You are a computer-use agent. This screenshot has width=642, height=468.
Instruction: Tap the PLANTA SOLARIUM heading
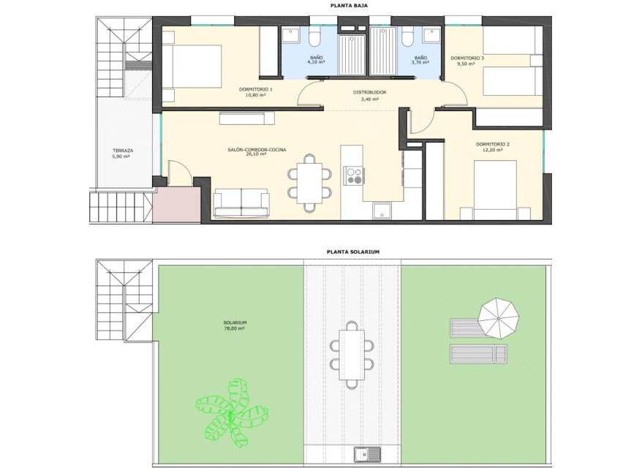coord(353,252)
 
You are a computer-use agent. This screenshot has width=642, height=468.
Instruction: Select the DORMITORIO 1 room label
coord(255,89)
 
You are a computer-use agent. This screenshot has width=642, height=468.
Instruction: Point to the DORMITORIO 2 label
coord(493,144)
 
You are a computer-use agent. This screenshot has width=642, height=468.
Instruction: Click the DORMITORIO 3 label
coord(467,58)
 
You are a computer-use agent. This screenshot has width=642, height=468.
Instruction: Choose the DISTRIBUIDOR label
coord(369,92)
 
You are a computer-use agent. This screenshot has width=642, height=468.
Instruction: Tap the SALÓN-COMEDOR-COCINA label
coord(257,150)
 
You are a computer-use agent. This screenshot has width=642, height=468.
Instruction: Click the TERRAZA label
coord(123,150)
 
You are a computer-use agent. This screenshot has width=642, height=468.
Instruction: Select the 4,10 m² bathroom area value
coord(316,62)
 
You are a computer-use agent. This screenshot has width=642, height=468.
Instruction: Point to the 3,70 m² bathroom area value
coord(420,63)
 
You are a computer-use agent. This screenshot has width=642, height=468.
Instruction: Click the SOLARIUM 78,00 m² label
coord(235,325)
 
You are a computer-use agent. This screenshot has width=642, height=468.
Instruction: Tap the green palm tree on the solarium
coord(231,412)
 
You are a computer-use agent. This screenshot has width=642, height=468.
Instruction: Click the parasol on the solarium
coord(499,319)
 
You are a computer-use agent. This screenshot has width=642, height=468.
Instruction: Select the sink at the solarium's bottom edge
coord(367,454)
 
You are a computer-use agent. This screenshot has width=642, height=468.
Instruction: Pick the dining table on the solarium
coord(352,355)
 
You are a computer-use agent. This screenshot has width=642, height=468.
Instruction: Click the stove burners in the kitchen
coord(354,175)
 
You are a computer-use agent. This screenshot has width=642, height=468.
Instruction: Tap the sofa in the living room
coord(241,203)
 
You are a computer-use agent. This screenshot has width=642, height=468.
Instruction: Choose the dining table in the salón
coord(309,183)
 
